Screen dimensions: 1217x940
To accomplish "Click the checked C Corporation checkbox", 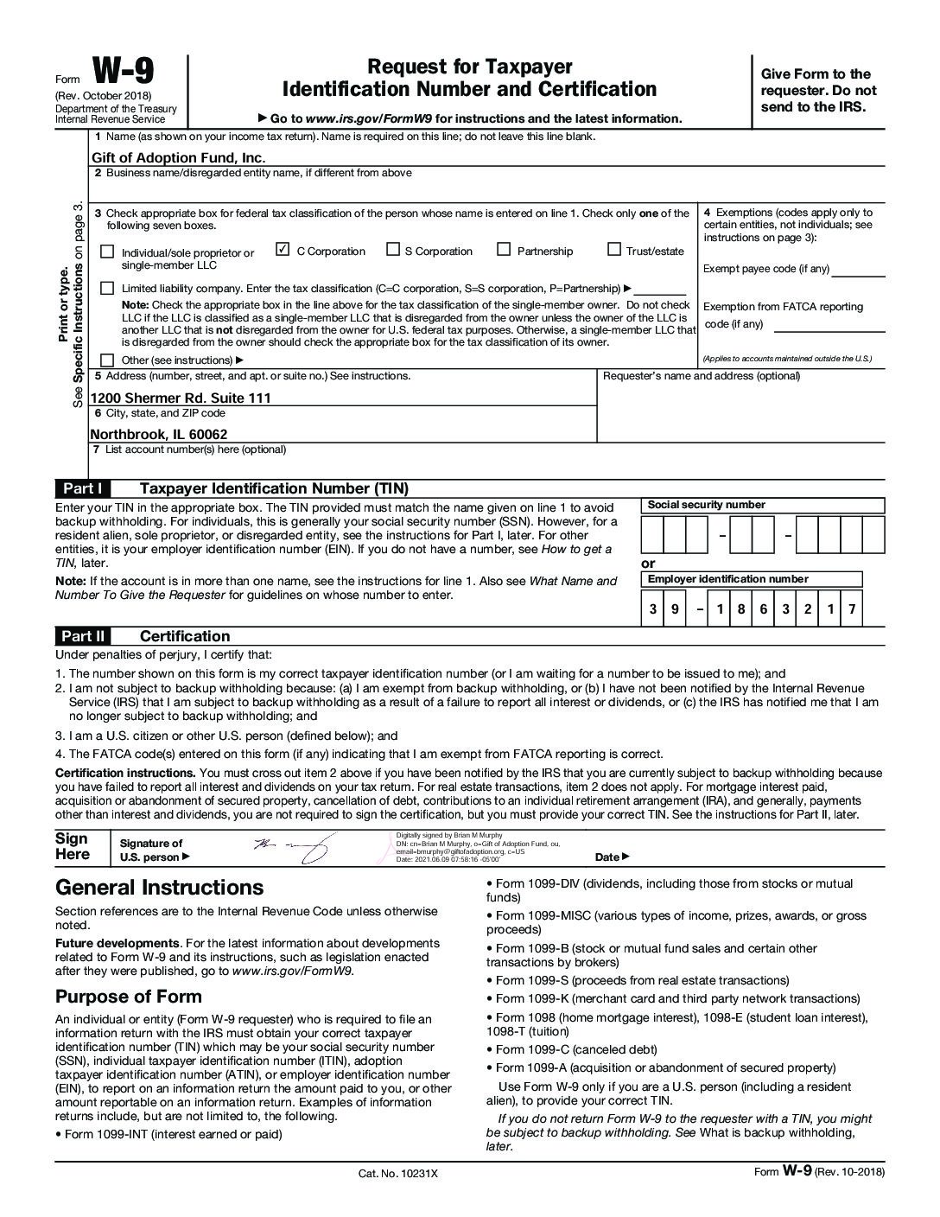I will point(282,250).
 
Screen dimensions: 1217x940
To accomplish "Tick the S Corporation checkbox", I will point(392,250).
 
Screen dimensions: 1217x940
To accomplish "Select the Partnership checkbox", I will point(504,250).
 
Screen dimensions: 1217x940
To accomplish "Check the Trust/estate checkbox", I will point(614,250).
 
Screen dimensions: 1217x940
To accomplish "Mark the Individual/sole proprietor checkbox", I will point(107,252).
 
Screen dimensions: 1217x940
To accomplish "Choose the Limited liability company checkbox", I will point(107,288).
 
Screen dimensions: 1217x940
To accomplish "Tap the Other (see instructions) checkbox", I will point(107,360).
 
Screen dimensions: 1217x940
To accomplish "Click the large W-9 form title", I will point(130,73).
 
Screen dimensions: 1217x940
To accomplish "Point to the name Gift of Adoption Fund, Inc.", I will point(178,157).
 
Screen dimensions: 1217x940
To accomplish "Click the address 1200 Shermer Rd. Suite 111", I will point(181,398).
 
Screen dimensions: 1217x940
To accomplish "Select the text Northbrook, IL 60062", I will point(159,434).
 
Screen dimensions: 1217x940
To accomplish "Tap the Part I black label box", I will point(83,488).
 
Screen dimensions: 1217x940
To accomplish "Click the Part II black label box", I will point(83,636).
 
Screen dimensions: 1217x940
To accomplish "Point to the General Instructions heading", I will point(159,888).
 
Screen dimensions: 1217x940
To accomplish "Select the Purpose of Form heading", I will point(128,997).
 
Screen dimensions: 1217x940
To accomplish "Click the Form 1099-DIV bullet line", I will point(669,884).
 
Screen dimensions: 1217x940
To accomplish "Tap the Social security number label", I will point(706,505).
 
